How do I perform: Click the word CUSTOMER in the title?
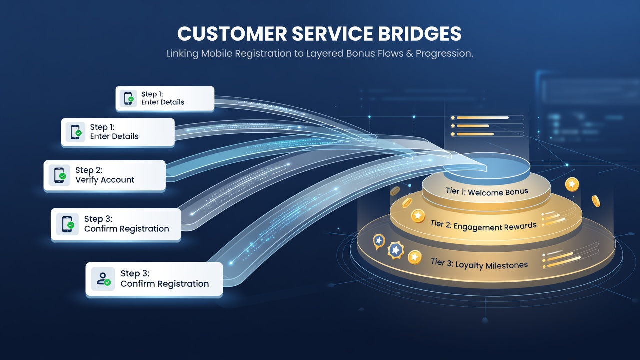tap(232, 34)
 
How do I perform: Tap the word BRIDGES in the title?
tap(419, 34)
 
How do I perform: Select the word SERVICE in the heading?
tap(332, 34)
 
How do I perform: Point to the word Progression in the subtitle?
tap(444, 53)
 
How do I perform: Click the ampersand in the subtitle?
tap(409, 53)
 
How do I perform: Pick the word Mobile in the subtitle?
tap(217, 53)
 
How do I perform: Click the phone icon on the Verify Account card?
tap(59, 175)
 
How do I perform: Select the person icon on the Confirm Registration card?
tap(103, 279)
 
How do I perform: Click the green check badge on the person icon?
tap(107, 282)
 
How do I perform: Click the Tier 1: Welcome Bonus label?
tap(487, 191)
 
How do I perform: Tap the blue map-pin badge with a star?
tap(379, 242)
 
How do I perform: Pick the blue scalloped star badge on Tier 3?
tap(396, 250)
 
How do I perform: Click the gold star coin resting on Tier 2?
tap(418, 216)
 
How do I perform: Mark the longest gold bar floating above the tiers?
tap(483, 117)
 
